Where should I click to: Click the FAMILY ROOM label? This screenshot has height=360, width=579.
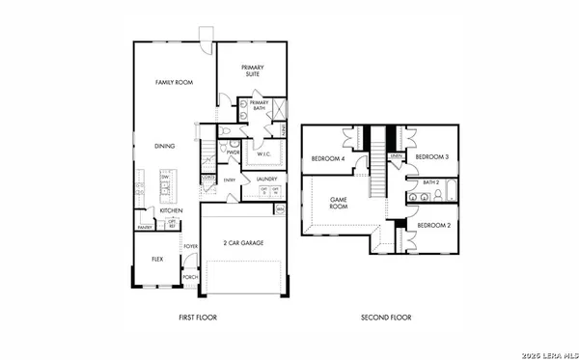tap(175, 83)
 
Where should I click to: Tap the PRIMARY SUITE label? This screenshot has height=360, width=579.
tap(253, 70)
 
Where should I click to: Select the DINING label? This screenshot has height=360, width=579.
tap(165, 147)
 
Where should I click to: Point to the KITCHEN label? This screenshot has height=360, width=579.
tap(172, 210)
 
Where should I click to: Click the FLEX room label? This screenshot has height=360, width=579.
tap(156, 259)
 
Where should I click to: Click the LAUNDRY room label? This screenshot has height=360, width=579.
tap(266, 180)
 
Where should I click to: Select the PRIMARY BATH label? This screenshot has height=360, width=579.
tap(259, 105)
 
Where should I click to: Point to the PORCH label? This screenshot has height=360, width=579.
tap(190, 277)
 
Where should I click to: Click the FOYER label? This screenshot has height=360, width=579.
tap(190, 246)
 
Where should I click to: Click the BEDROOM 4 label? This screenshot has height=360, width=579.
tap(329, 158)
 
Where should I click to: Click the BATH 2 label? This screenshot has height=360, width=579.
tap(431, 180)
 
